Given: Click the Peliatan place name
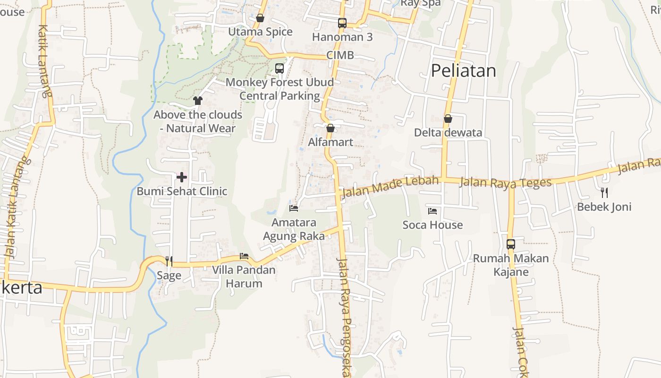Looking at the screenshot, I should point(463,71).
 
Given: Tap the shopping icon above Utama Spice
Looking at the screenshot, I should point(260,18).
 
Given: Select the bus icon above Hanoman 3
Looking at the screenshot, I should point(342,23).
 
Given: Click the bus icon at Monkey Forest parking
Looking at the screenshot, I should point(280,69).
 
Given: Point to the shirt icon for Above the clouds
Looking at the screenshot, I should point(198,100).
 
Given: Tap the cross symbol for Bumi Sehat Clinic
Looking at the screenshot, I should point(182,177).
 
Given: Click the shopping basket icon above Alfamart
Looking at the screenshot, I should point(330,128).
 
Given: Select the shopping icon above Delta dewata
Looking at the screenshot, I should point(448,119).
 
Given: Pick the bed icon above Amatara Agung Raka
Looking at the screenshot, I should point(294,208).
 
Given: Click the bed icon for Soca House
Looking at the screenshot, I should point(432,211).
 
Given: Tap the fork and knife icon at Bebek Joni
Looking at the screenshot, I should point(604,192).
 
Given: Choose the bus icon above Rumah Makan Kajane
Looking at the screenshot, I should point(511,244).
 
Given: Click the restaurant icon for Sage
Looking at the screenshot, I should point(169,261).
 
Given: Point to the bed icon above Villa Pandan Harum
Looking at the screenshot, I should point(244,256).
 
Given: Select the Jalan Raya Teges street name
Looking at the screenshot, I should point(505,182).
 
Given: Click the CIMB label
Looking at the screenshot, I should point(340,55).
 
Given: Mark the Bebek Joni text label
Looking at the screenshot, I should point(604,207).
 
